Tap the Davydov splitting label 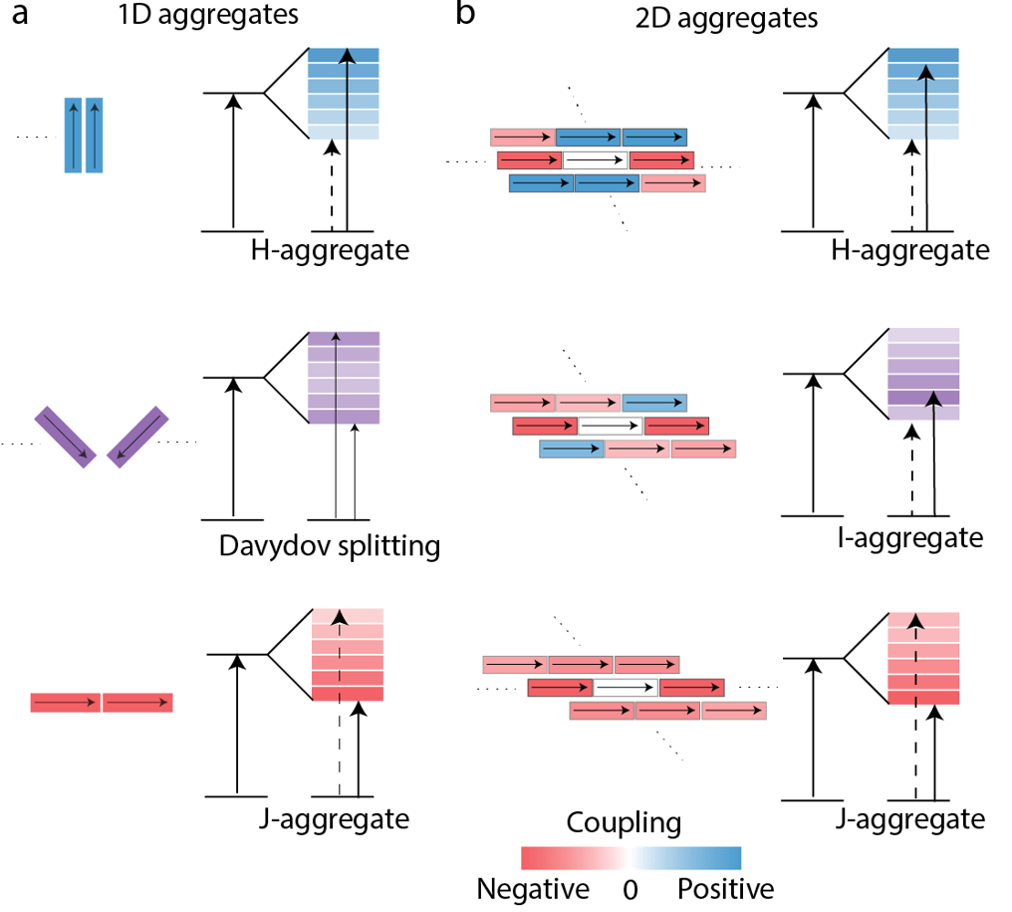pyautogui.click(x=328, y=546)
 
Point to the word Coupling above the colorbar pyautogui.click(x=624, y=823)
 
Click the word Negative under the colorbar pyautogui.click(x=532, y=888)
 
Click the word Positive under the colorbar pyautogui.click(x=725, y=888)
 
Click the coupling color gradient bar pyautogui.click(x=632, y=858)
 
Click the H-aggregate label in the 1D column pyautogui.click(x=330, y=249)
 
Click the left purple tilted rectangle pyautogui.click(x=67, y=437)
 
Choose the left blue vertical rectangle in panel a pyautogui.click(x=73, y=135)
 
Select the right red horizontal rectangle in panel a pyautogui.click(x=137, y=703)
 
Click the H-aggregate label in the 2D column pyautogui.click(x=909, y=250)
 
